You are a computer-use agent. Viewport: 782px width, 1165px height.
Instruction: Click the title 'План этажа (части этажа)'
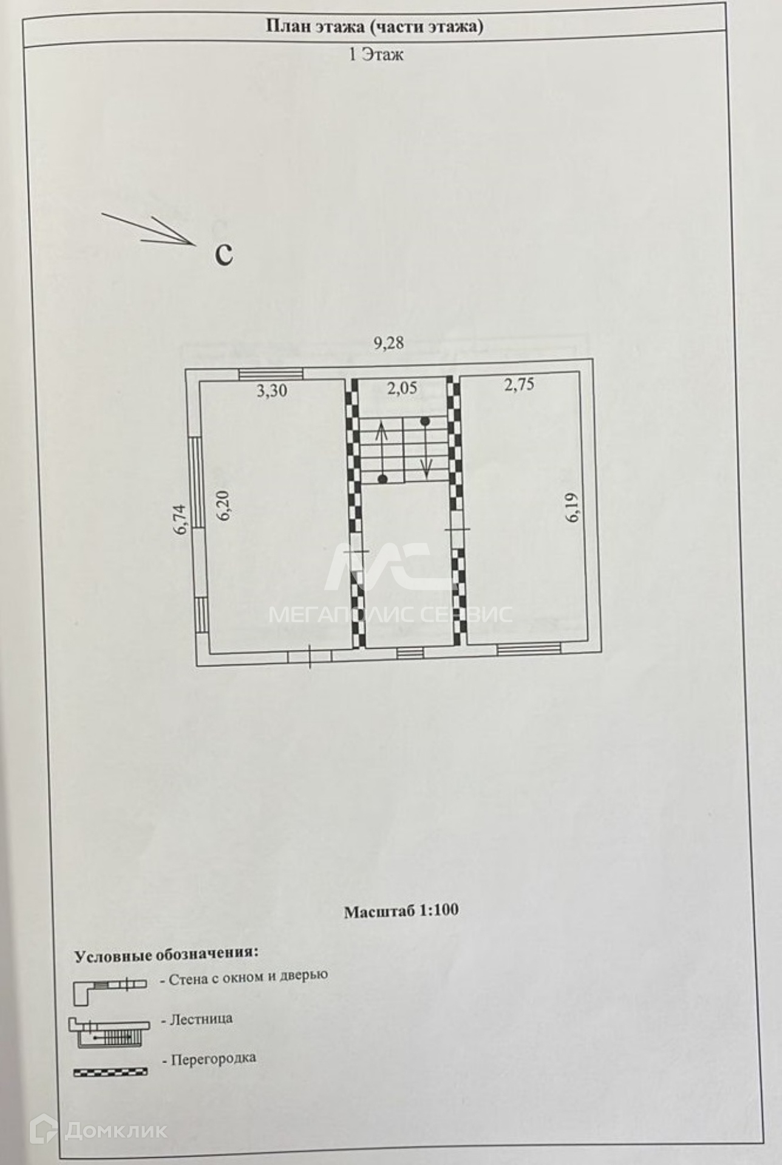pos(375,27)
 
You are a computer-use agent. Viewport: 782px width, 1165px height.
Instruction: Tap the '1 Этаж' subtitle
pos(376,55)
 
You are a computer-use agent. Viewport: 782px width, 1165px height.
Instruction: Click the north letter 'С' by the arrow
pos(224,254)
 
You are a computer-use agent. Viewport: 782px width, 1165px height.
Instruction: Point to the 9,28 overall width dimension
pos(389,343)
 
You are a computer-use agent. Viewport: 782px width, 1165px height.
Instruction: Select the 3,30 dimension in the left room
pos(271,391)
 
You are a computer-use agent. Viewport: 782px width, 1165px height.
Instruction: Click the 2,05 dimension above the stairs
pos(402,388)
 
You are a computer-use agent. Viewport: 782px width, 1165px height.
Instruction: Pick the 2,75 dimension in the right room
pos(519,385)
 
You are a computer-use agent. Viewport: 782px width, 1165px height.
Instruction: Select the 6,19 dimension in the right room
pos(572,507)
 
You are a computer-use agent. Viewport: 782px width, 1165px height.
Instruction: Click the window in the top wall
pos(270,374)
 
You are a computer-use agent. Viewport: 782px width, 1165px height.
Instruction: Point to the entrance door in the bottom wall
pos(310,656)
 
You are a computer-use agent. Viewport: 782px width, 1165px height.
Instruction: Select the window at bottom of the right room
pos(529,649)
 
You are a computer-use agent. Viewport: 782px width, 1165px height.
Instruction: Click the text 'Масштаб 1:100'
pos(401,911)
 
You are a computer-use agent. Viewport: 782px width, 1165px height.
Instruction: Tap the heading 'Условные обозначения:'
pos(166,954)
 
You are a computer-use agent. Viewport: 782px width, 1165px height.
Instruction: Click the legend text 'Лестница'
pos(201,1019)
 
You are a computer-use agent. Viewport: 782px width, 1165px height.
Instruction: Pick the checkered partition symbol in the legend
pos(110,1072)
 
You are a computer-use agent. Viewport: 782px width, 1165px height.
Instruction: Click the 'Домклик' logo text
pos(115,1130)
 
